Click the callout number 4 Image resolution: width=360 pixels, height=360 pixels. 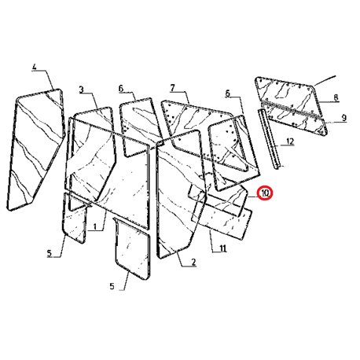click(35, 67)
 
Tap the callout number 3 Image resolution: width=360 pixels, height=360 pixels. click(82, 90)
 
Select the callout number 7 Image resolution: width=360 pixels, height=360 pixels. click(172, 88)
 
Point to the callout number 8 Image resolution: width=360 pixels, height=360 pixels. click(336, 97)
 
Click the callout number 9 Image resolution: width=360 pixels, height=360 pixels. click(344, 118)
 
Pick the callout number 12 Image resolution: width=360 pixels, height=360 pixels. click(290, 141)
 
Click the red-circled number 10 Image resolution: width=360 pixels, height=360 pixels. click(265, 193)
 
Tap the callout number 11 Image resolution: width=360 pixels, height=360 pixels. click(223, 248)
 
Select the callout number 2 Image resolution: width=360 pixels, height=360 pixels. click(193, 262)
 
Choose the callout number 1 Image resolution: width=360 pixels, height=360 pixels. click(95, 226)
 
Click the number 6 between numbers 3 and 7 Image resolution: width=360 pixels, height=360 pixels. click(121, 89)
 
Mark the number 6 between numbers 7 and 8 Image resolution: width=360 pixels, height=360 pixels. click(227, 93)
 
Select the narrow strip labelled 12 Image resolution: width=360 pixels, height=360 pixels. click(269, 139)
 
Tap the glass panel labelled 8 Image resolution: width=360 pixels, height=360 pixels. click(287, 96)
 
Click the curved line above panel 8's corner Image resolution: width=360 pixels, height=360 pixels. click(325, 80)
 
